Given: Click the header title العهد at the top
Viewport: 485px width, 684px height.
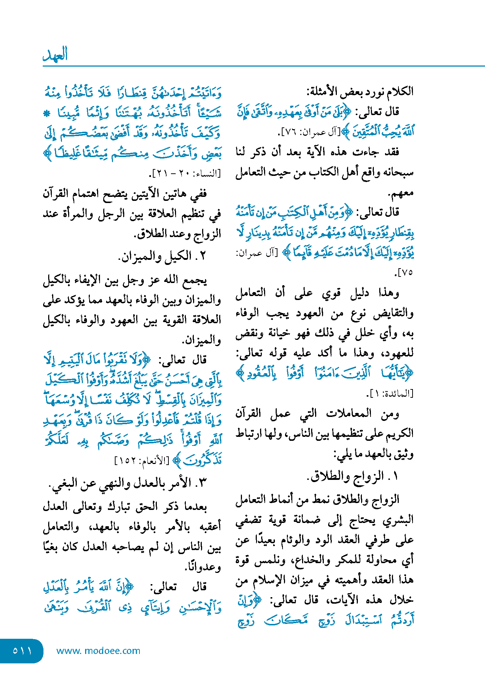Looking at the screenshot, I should tap(55, 54).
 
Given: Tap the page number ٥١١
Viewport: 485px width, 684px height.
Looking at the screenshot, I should tap(22, 651).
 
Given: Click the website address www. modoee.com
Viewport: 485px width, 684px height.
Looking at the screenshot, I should tap(98, 651).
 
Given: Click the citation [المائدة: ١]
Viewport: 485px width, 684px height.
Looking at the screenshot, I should tap(389, 393).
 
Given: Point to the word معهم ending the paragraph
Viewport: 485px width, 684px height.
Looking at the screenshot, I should tap(401, 193).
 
